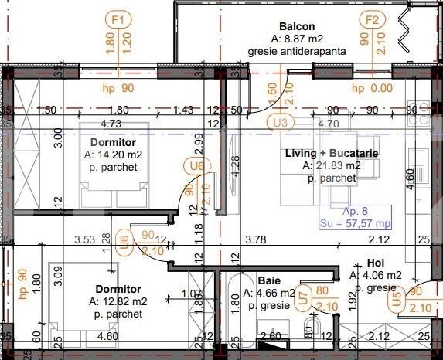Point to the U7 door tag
click(x=304, y=298)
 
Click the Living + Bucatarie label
click(x=332, y=154)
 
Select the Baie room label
click(x=269, y=280)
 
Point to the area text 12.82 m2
click(x=121, y=301)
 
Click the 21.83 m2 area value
click(x=337, y=165)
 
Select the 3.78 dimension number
click(x=256, y=239)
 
